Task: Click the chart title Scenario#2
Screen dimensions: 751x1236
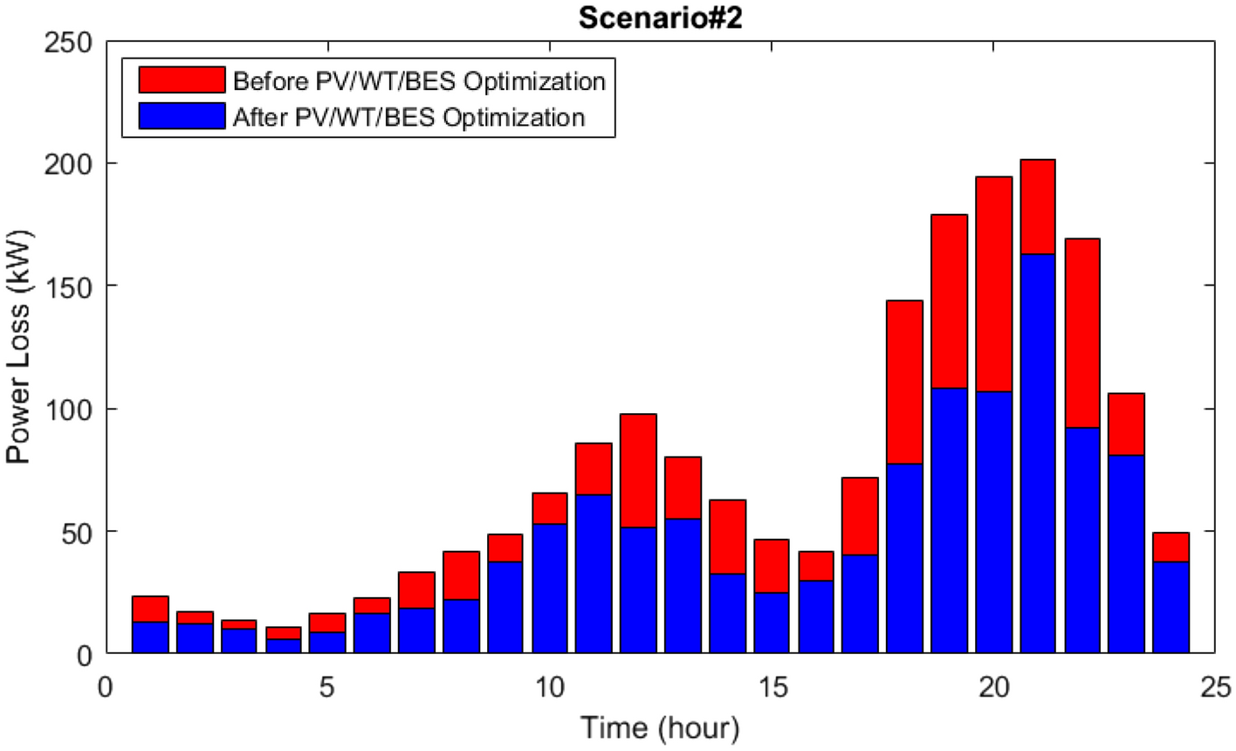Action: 660,18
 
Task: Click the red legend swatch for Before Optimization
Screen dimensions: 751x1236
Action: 182,80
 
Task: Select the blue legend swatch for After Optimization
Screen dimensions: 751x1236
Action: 182,115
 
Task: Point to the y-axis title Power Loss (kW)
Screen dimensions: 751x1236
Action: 18,347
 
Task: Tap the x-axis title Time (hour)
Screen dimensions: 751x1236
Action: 660,727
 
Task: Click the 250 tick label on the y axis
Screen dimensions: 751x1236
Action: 68,41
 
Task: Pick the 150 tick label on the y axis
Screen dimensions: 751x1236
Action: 68,286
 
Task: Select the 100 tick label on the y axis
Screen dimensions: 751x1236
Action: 68,409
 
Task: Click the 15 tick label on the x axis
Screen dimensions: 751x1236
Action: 772,687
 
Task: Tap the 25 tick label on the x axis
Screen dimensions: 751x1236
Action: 1216,687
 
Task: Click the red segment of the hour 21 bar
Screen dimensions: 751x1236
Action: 1037,206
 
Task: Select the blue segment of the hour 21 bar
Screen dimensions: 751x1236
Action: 1037,453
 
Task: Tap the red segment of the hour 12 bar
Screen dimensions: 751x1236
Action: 638,471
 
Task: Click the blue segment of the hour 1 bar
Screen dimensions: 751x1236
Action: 150,637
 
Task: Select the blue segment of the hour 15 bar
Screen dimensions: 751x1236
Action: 772,623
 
